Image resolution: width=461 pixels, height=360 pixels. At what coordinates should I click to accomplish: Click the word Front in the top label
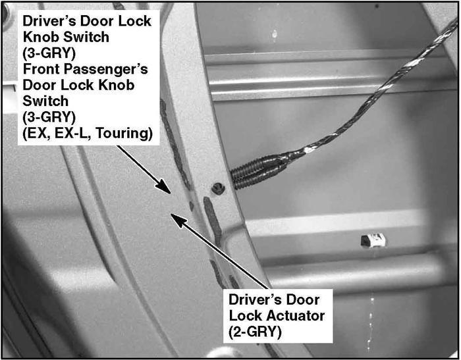(41, 69)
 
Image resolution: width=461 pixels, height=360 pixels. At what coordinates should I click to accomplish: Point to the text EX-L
(72, 133)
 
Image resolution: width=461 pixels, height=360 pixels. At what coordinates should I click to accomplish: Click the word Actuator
(296, 316)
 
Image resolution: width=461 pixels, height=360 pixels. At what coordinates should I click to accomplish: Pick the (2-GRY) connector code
(255, 332)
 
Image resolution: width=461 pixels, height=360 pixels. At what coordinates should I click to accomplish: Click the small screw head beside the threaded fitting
(218, 188)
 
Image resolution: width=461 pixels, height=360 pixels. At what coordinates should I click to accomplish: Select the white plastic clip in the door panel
(373, 240)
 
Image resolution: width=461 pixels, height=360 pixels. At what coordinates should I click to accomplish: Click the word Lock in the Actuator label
(246, 316)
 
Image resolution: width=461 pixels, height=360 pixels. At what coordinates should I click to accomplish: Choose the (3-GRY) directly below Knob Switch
(49, 53)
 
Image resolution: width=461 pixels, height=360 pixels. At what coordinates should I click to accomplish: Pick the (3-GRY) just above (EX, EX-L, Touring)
(49, 117)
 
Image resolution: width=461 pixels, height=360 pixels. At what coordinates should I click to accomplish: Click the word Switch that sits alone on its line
(45, 101)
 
